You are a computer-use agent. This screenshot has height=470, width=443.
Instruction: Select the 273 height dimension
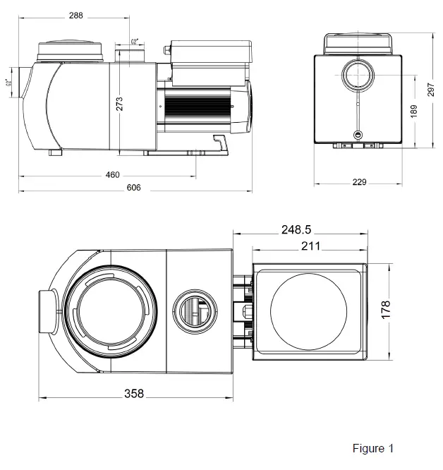120,104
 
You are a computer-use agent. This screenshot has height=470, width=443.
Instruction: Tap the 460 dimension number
113,175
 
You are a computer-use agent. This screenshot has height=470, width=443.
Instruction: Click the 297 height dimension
431,90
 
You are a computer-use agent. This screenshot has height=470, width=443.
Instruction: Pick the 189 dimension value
414,111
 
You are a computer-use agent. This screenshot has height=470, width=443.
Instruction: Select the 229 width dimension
359,182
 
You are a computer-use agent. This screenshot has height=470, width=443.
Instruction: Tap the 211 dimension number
310,246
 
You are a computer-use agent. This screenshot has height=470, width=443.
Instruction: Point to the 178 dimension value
384,308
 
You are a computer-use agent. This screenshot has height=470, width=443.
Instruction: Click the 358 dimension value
134,394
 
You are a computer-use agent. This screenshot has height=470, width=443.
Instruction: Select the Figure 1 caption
372,449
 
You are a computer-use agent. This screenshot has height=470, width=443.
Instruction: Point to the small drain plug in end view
358,134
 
